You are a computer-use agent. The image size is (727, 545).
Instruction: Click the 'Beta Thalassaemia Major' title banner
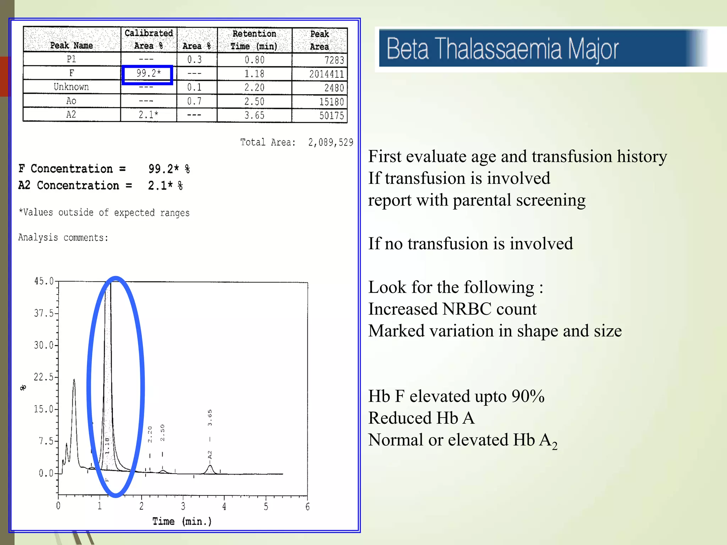coord(502,49)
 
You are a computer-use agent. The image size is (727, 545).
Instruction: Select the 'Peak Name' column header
coord(71,45)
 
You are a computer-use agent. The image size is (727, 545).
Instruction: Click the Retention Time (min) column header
coord(254,40)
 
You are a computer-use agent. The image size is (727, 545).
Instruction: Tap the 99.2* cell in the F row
coord(148,73)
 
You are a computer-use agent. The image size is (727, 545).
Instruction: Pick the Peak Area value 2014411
coord(326,74)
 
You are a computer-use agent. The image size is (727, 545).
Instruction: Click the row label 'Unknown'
coord(71,87)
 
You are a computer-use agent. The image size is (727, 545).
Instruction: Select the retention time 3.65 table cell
coord(254,115)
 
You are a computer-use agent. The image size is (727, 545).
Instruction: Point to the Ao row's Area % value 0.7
coord(195,101)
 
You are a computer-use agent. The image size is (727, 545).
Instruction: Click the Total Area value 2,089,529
coord(330,143)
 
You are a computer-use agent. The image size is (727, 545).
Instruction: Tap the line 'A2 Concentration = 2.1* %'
coord(100,186)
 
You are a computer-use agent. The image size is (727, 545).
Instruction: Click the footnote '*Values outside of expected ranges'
coord(104,213)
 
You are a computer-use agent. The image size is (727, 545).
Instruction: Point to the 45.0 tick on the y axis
coord(44,281)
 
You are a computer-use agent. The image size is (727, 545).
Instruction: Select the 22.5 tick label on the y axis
coord(44,377)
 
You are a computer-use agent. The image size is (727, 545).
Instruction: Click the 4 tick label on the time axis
coord(224,506)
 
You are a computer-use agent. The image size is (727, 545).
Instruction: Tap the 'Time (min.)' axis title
coord(182,521)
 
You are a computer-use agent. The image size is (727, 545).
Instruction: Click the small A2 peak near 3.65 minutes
coord(210,469)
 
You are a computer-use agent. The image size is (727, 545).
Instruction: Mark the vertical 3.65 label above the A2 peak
coord(210,418)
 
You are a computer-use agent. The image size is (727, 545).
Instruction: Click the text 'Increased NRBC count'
coord(452,309)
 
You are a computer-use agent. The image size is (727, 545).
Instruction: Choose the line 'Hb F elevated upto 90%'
coord(456,396)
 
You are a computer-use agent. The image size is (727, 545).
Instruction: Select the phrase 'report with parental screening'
coord(477,200)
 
